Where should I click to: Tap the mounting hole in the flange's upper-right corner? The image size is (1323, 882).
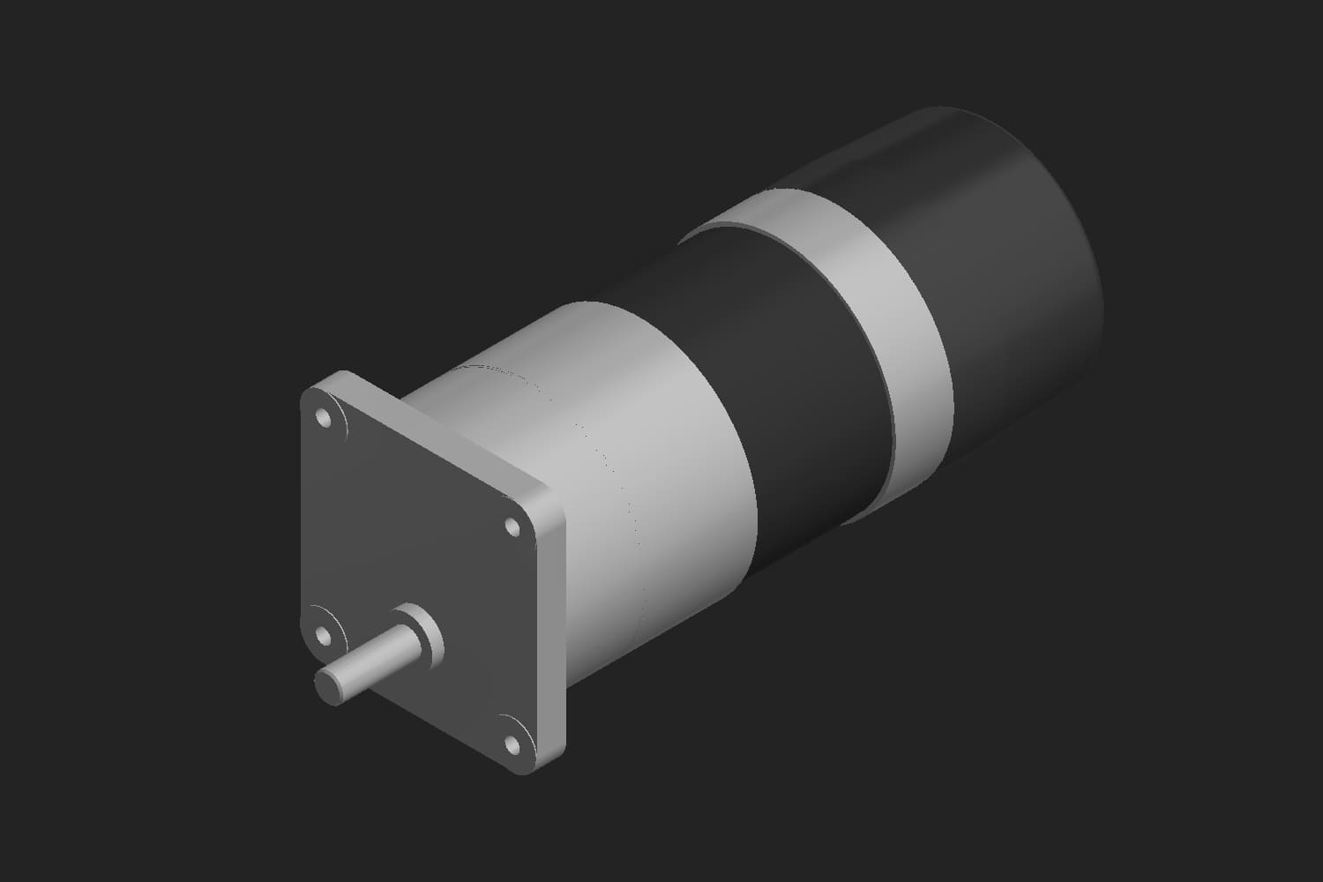511,527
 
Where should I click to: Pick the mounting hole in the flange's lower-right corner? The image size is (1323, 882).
511,744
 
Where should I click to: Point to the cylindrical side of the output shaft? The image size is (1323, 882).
370,661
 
